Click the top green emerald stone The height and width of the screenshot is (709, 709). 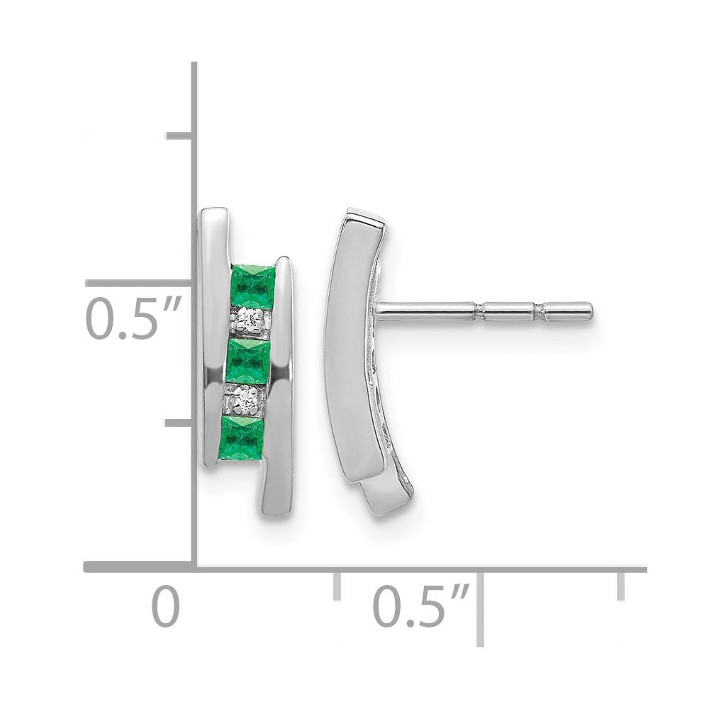pyautogui.click(x=252, y=285)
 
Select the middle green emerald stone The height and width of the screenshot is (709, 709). pyautogui.click(x=247, y=362)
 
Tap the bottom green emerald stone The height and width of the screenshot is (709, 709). pyautogui.click(x=241, y=437)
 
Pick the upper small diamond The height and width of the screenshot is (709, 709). pyautogui.click(x=250, y=320)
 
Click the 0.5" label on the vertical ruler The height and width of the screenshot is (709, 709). pyautogui.click(x=133, y=318)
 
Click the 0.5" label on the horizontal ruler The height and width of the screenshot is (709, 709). pyautogui.click(x=421, y=606)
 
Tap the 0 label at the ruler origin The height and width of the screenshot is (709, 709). pyautogui.click(x=165, y=606)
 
